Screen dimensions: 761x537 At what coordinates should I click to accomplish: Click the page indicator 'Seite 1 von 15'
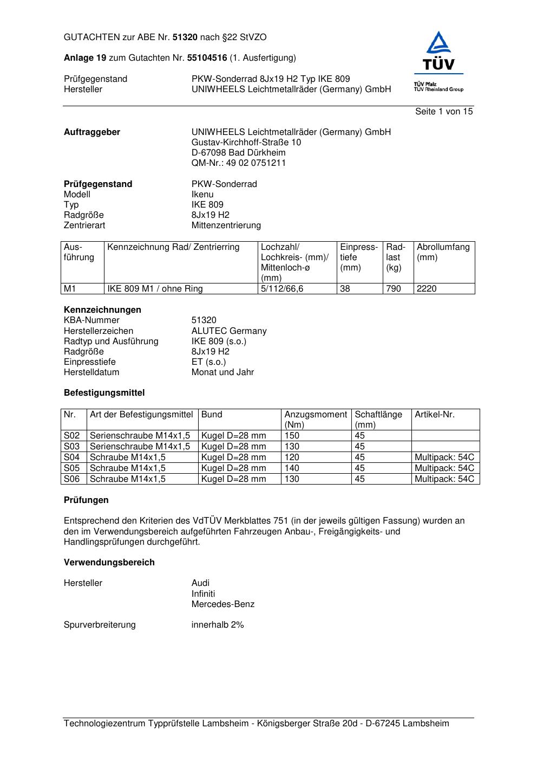pos(444,112)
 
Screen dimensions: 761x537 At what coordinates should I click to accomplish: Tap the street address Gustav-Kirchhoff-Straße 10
pos(246,143)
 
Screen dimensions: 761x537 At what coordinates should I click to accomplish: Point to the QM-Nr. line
pos(238,163)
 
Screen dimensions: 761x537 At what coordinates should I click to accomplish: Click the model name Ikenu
pos(202,195)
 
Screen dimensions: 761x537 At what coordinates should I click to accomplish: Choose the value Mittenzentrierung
pos(226,225)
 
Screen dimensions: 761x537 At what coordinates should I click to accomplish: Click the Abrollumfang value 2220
pos(427,289)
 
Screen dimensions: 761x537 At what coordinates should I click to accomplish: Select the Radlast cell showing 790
pos(394,289)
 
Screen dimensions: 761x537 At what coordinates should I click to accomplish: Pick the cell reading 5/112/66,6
pos(282,289)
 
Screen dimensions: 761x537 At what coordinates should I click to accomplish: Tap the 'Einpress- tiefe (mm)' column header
pos(359,257)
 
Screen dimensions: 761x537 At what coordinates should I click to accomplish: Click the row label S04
pos(72,457)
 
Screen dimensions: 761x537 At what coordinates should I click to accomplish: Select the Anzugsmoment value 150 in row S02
pos(292,436)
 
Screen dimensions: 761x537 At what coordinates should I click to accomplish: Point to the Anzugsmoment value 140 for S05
pos(292,468)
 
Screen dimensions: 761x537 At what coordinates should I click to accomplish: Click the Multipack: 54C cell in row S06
pos(444,479)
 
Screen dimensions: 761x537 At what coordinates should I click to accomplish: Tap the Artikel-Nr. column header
pos(434,415)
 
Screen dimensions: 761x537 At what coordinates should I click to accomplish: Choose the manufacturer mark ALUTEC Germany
pos(228,331)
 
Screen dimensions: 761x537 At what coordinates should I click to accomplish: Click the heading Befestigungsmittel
pos(104,393)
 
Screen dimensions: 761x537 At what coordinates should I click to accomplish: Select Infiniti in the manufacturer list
pos(203,594)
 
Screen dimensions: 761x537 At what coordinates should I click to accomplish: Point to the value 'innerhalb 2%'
pos(218,625)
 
